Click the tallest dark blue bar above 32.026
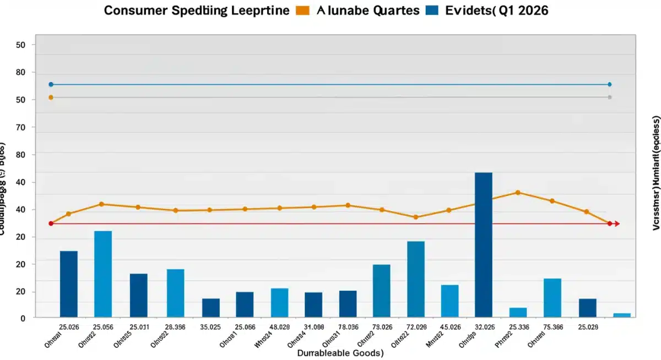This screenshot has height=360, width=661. (x=483, y=244)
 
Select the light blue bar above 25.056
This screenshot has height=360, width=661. (x=103, y=274)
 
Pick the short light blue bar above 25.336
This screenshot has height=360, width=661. (x=518, y=312)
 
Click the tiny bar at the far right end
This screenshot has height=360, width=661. (x=621, y=315)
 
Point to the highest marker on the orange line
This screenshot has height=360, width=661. (x=518, y=193)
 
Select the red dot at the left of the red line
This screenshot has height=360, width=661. (x=51, y=223)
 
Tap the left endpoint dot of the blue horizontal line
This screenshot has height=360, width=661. (x=51, y=84)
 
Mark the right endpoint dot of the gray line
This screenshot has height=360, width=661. (x=609, y=97)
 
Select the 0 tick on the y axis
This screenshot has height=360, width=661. (x=24, y=319)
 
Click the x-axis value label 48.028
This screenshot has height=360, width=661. (x=279, y=326)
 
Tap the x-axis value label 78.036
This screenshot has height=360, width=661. (x=348, y=326)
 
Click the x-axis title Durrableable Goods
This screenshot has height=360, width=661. (x=340, y=353)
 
